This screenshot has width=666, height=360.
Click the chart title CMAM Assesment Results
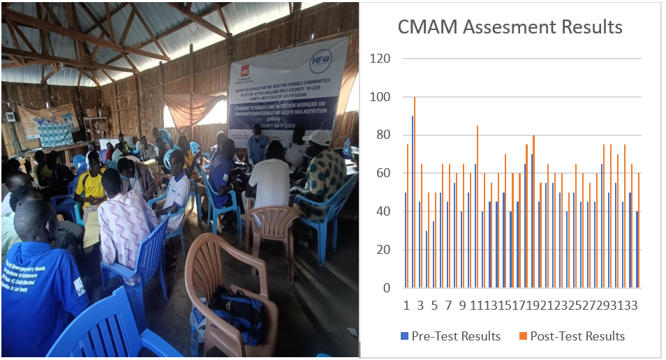click(510, 27)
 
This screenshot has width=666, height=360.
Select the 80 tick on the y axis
click(383, 135)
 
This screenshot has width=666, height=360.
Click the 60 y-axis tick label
click(383, 173)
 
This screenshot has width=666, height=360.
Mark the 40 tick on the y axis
click(383, 211)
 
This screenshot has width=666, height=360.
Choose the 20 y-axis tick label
click(383, 250)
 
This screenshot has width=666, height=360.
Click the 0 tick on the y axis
click(386, 287)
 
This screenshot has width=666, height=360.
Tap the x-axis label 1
click(406, 306)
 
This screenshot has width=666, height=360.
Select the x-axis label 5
click(434, 306)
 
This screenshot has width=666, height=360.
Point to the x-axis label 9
click(461, 306)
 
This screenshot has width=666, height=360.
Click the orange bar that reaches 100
click(415, 192)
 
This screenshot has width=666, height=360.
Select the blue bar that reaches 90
click(412, 202)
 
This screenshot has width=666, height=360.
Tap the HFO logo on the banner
click(322, 59)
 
